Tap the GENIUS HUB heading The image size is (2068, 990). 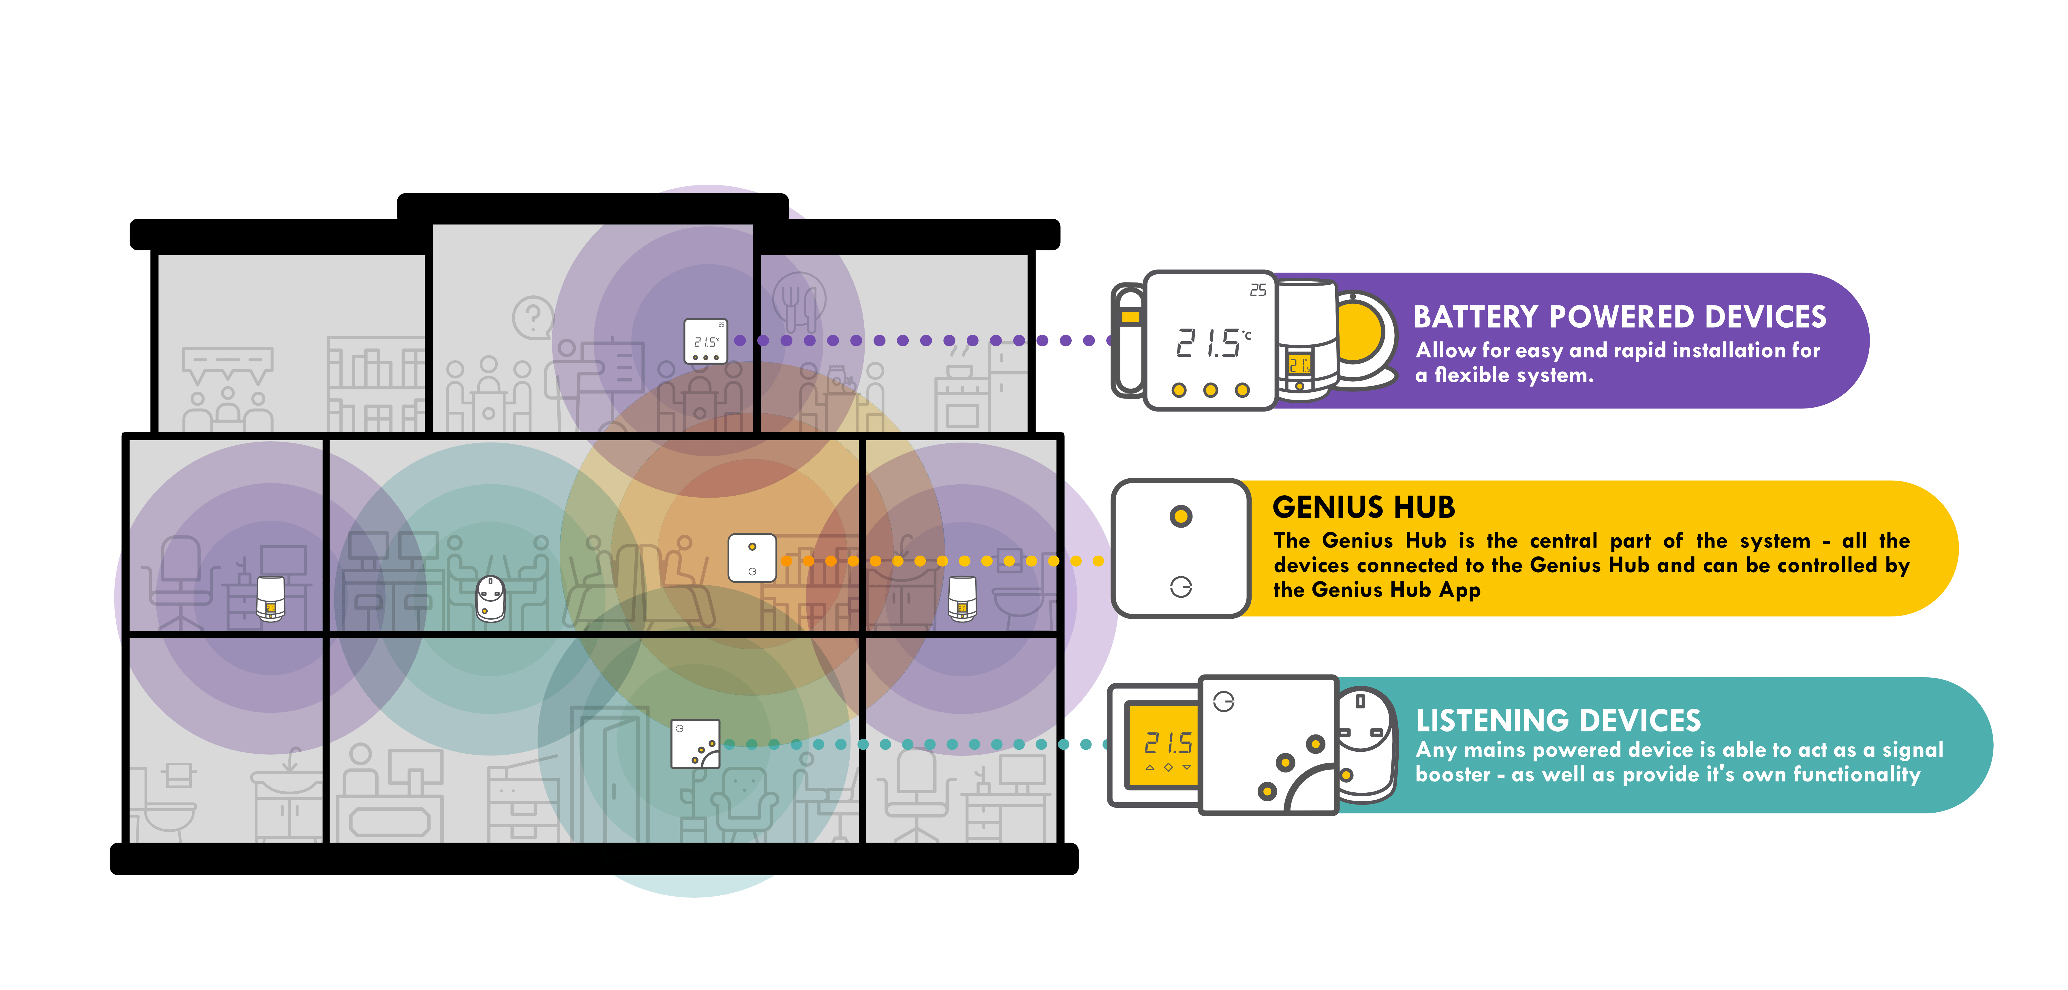click(x=1363, y=507)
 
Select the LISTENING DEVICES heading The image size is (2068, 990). click(x=1558, y=720)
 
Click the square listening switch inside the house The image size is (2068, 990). click(x=695, y=743)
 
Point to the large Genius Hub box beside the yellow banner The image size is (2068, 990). click(x=1180, y=548)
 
